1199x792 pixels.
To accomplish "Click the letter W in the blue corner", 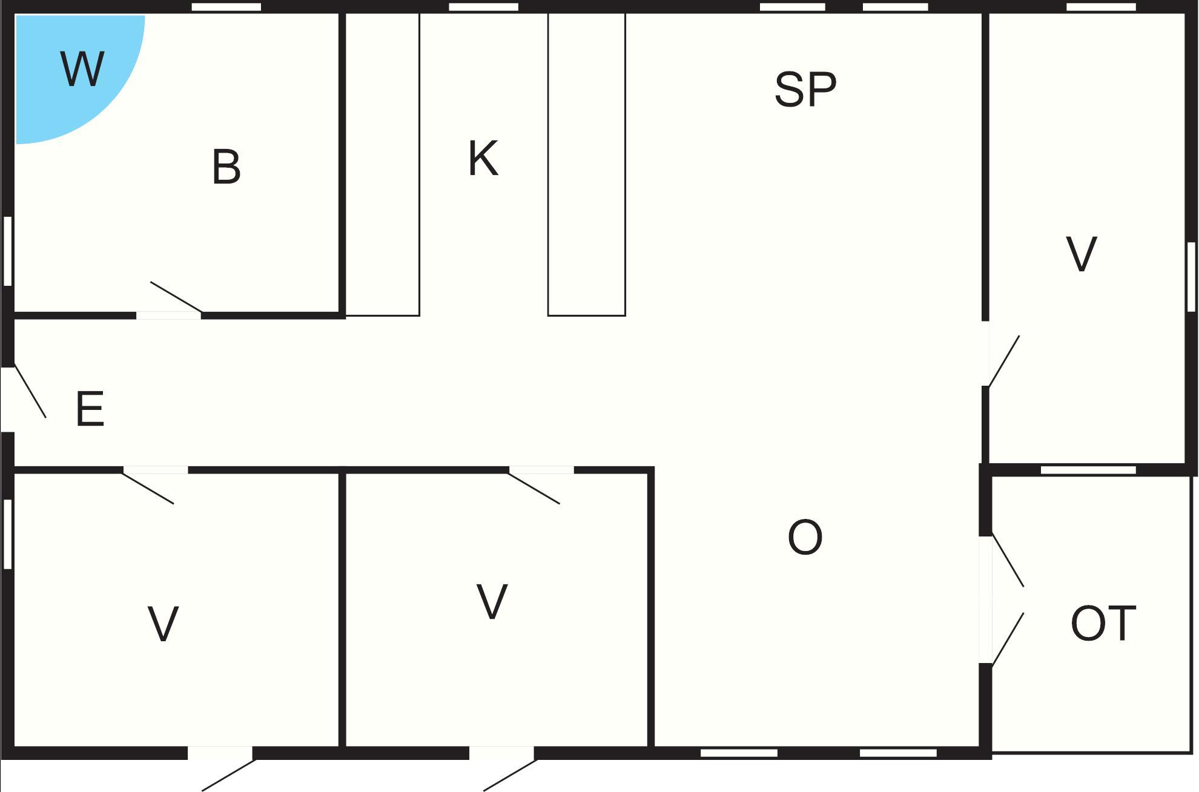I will pos(82,69).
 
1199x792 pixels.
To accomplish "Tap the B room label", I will pos(226,167).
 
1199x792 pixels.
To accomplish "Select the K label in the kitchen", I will pos(483,159).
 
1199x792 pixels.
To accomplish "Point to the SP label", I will pos(805,90).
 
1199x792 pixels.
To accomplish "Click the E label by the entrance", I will pos(90,409).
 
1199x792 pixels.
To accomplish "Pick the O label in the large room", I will pos(805,537).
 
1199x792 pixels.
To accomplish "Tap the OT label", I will pos(1103,624).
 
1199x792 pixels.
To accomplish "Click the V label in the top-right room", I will pos(1081,254).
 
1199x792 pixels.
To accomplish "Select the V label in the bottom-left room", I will pos(163,624).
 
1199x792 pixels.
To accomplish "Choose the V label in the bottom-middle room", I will pos(492,601).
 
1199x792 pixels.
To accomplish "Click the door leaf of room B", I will pos(176,297).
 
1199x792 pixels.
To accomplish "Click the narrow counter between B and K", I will pos(382,163).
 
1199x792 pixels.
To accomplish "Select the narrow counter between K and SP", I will pos(586,163).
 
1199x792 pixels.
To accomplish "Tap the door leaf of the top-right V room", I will pos(1004,361).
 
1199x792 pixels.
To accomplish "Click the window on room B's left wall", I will pos(8,251).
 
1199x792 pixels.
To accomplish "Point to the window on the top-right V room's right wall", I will pos(1191,277).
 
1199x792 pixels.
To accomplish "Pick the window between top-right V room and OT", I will pos(1088,470).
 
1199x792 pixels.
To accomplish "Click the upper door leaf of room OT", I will pos(1008,561).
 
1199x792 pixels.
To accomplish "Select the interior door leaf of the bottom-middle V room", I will pos(533,488).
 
